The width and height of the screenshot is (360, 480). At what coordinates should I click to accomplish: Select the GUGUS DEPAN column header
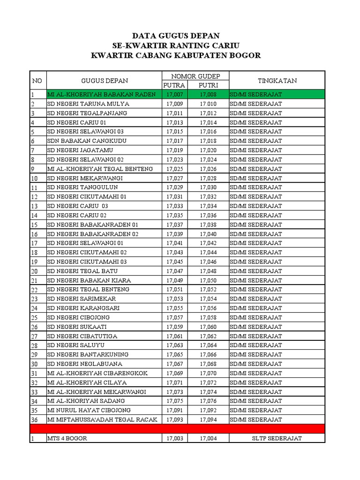(104, 81)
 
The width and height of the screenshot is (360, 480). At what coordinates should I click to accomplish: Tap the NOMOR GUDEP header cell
(195, 76)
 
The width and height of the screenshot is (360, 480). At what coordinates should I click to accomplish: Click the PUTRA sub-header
(174, 85)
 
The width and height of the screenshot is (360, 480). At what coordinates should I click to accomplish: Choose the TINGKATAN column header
(277, 81)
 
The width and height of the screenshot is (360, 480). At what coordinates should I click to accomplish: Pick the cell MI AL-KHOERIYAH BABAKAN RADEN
(101, 95)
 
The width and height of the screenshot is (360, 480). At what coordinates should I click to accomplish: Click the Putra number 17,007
(174, 95)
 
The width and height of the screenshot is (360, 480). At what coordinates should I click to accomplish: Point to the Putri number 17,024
(208, 159)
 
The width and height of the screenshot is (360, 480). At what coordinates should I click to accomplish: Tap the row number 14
(34, 216)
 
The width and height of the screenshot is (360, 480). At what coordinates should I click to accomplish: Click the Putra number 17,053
(174, 299)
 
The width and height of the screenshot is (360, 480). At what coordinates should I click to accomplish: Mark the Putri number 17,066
(208, 354)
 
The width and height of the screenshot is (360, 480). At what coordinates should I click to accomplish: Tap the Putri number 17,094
(208, 420)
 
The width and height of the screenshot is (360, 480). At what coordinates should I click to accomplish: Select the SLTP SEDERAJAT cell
(277, 438)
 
